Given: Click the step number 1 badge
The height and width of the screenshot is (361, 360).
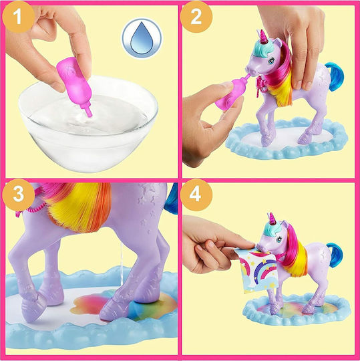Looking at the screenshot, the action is [18, 17].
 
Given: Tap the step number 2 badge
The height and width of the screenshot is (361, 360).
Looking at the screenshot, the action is [196, 17].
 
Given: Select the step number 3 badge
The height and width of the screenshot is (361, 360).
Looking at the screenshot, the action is [19, 195].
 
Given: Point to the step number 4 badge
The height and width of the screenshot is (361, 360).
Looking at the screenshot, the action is [196, 195].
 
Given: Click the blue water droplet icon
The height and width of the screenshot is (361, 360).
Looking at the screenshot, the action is [142, 38].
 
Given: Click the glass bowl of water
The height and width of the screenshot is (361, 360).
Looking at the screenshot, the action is [88, 124].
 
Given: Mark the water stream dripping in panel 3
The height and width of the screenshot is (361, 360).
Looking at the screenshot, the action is [122, 264].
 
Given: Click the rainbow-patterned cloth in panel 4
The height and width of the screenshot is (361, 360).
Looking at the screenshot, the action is [257, 270].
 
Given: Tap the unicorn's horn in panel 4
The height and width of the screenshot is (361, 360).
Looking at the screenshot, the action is [273, 218].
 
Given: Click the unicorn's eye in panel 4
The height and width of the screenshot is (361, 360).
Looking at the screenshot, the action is [279, 239].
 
